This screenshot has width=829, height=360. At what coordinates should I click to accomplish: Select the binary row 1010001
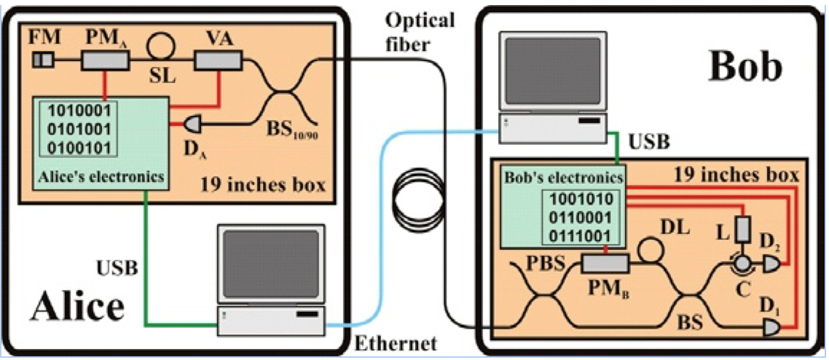tap(78, 112)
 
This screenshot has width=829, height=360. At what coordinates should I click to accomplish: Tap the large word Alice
tap(77, 304)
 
